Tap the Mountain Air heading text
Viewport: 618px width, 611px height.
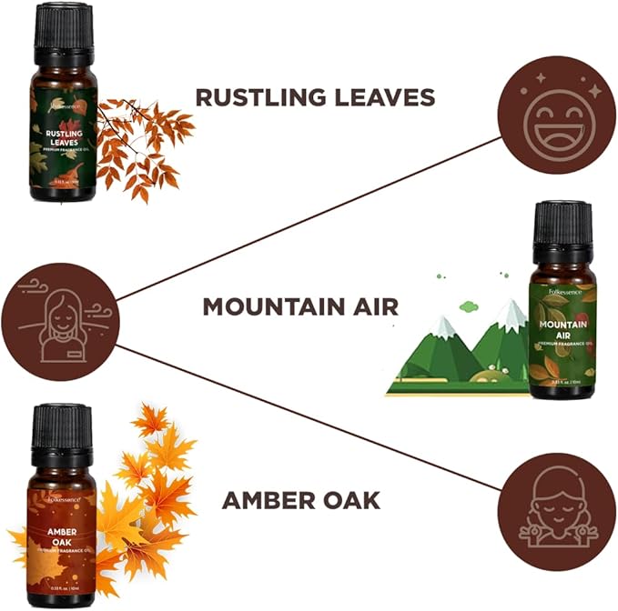[x=300, y=306]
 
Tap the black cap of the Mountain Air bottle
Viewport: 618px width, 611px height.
[x=561, y=227]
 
